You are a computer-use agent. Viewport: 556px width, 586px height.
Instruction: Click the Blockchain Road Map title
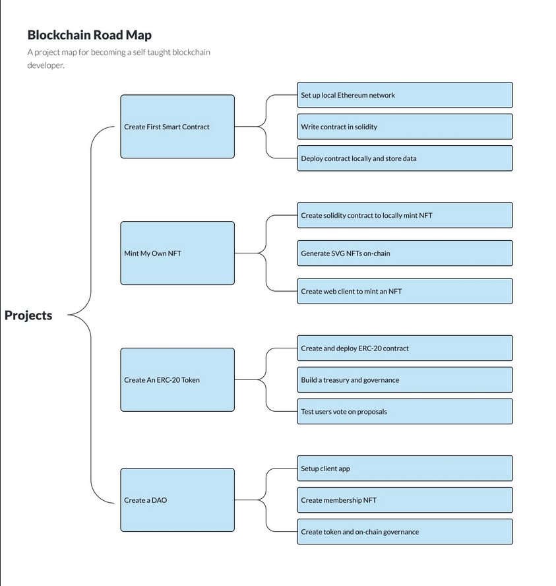pyautogui.click(x=90, y=35)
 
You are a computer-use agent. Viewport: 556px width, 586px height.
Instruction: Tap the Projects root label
pyautogui.click(x=28, y=315)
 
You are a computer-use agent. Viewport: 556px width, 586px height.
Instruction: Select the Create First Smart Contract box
pyautogui.click(x=177, y=127)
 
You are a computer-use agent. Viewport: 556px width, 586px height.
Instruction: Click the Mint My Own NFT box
pyautogui.click(x=177, y=253)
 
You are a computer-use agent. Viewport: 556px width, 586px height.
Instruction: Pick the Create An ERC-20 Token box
pyautogui.click(x=177, y=380)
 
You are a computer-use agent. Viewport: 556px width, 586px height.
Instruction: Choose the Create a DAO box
pyautogui.click(x=177, y=500)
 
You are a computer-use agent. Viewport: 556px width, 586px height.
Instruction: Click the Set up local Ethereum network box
pyautogui.click(x=405, y=95)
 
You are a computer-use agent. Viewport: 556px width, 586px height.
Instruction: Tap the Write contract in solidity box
pyautogui.click(x=405, y=127)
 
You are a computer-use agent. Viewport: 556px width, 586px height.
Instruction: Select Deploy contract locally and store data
pyautogui.click(x=405, y=158)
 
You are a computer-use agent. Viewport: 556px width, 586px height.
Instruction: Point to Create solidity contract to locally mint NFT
pyautogui.click(x=405, y=215)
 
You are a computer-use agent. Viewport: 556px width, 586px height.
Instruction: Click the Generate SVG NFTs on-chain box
pyautogui.click(x=405, y=253)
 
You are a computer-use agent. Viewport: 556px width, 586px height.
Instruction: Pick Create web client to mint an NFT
pyautogui.click(x=405, y=291)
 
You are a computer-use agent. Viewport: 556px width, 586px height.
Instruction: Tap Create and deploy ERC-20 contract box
pyautogui.click(x=405, y=348)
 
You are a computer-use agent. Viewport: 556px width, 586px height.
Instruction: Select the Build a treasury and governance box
pyautogui.click(x=405, y=380)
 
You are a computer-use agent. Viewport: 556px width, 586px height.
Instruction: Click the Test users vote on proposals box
pyautogui.click(x=405, y=412)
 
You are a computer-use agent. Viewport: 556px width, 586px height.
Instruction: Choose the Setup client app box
pyautogui.click(x=405, y=469)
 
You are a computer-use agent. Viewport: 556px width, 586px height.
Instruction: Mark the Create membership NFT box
pyautogui.click(x=405, y=500)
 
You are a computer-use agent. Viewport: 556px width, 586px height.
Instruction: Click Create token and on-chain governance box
pyautogui.click(x=405, y=532)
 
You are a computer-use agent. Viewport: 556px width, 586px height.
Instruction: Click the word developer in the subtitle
pyautogui.click(x=46, y=65)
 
